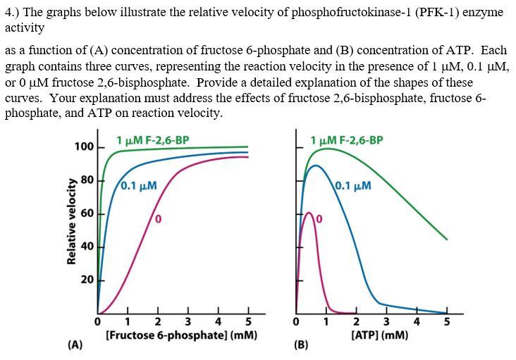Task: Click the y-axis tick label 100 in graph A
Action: tap(84, 147)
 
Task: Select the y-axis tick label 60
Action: tap(87, 213)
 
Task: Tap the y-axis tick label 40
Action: tap(87, 246)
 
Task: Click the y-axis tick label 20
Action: tap(87, 280)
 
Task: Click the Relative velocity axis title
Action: tap(71, 220)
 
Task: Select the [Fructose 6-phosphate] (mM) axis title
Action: tap(180, 336)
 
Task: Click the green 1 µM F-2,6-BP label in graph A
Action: tap(152, 139)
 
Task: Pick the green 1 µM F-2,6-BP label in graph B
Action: tap(347, 139)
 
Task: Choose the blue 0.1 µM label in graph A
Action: tap(138, 187)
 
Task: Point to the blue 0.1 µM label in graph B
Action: tap(353, 187)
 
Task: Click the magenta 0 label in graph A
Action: tap(159, 220)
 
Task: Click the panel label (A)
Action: tap(75, 345)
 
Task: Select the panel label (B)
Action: tap(302, 345)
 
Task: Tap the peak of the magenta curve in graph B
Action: tap(308, 211)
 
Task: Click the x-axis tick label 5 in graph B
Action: tap(446, 323)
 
